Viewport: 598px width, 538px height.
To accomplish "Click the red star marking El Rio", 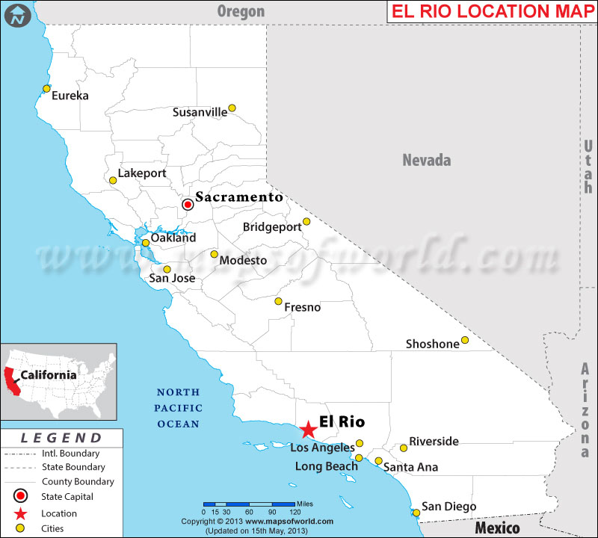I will point(308,429).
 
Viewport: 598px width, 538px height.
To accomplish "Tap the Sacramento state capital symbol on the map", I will point(188,203).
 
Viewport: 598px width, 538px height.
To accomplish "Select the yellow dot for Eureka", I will point(46,89).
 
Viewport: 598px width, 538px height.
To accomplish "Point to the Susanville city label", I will point(200,112).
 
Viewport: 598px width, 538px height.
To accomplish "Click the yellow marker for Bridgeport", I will point(306,222).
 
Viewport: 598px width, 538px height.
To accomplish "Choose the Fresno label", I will point(302,307).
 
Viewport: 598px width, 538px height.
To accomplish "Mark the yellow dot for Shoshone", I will point(464,340).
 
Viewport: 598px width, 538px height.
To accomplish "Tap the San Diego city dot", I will point(416,512).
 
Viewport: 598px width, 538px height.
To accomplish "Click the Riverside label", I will point(434,442).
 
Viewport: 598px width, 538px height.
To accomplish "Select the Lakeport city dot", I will point(113,180).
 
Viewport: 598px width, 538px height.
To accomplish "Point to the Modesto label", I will point(243,260).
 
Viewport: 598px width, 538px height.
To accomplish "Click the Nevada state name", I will point(427,160).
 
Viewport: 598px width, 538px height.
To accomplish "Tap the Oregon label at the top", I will point(241,11).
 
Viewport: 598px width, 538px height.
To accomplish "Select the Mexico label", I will point(497,528).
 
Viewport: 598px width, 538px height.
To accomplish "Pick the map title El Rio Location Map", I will point(491,11).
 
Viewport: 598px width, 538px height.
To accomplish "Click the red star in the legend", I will point(22,513).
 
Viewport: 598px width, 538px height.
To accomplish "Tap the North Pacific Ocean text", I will point(178,408).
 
